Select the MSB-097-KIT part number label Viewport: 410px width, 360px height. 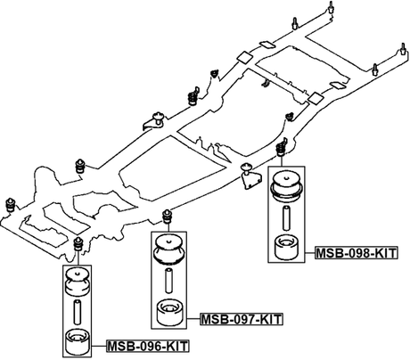(x=240, y=319)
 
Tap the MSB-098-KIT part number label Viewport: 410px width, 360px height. (x=356, y=253)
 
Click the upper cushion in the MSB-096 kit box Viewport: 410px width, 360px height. (x=78, y=282)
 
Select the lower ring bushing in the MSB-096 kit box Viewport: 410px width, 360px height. (x=78, y=339)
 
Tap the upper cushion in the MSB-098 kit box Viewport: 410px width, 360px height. (x=287, y=185)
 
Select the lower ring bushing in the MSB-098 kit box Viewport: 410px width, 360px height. (x=287, y=246)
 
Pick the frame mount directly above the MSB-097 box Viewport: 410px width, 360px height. (x=168, y=215)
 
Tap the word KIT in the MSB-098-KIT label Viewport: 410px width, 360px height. (x=383, y=253)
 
